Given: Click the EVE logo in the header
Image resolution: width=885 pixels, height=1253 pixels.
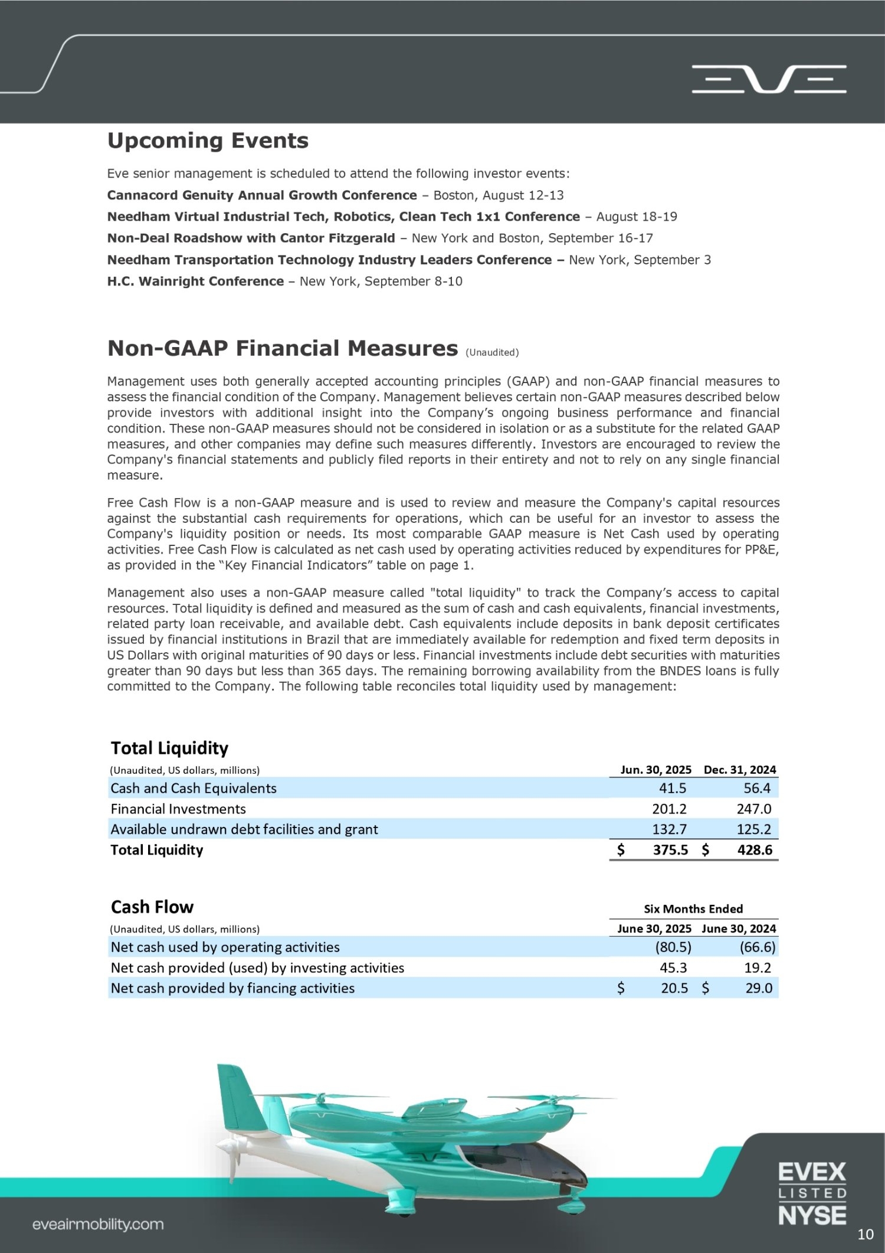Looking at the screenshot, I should point(769,79).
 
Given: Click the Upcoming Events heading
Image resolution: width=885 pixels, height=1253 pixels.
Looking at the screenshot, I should point(208,141).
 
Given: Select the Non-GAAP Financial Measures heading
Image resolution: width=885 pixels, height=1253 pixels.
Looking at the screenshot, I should point(283,349).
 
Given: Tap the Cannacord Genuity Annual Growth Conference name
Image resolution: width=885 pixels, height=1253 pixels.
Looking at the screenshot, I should point(262,195).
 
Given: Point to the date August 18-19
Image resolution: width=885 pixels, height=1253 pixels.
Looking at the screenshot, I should point(637,217).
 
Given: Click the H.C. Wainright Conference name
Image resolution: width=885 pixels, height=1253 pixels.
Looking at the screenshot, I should point(195,282).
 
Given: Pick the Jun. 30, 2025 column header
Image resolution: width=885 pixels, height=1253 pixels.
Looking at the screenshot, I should point(655,770).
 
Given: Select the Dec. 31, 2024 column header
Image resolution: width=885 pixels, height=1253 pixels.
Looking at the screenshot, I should point(739,770).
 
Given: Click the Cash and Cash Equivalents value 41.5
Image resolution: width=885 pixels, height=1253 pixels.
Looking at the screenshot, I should point(672,789).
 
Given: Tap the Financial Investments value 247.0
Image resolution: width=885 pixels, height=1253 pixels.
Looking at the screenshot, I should point(754,809).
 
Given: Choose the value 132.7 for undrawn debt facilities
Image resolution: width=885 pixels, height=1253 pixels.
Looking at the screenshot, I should point(669,829).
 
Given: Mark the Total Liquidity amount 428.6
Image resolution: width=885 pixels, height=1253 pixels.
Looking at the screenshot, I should point(754,850).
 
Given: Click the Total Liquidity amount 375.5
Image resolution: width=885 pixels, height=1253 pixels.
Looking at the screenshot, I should point(670,850).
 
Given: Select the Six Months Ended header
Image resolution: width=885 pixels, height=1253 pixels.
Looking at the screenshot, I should point(693,909).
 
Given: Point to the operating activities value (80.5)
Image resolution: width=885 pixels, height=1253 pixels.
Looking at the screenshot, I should point(672,947).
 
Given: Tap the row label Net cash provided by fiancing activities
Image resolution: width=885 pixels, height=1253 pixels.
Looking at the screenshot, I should point(232,989).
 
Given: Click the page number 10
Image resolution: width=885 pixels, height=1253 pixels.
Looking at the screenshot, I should point(865,1235).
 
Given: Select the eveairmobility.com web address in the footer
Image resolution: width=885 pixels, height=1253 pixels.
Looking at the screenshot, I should point(98,1225).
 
